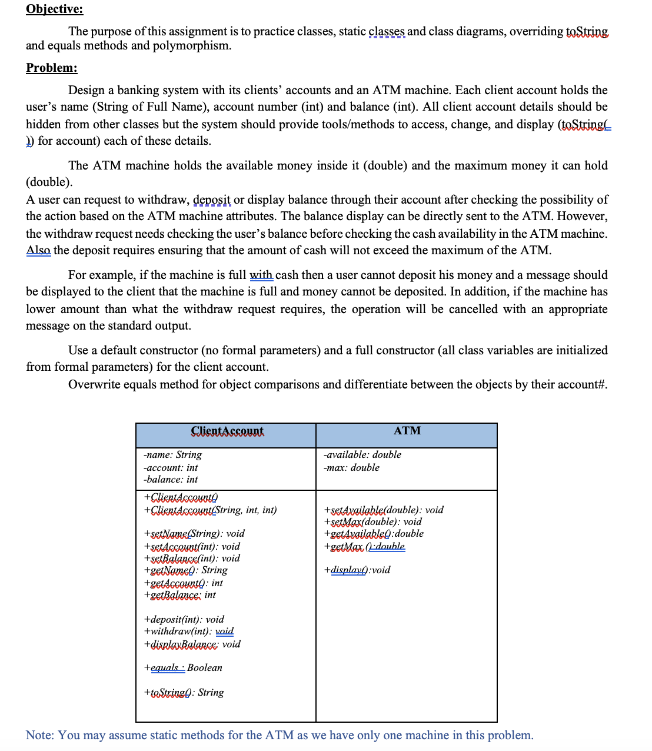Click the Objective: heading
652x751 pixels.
tap(54, 9)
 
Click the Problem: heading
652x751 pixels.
tap(51, 68)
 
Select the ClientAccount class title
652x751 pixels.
tap(227, 431)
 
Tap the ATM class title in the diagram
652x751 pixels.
tap(407, 431)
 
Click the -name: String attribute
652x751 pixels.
tap(172, 455)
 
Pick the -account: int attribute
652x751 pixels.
tap(171, 467)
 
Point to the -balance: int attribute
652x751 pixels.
tap(171, 480)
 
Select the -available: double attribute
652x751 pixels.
tap(362, 455)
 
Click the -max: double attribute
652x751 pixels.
tap(352, 467)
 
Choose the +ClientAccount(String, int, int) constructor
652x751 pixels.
tap(210, 510)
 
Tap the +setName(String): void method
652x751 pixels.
tap(194, 534)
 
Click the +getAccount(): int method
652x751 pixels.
tap(183, 583)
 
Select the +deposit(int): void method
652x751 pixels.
tap(184, 619)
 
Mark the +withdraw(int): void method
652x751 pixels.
tap(188, 632)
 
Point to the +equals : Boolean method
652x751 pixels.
tap(183, 668)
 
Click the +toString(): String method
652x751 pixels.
tap(184, 693)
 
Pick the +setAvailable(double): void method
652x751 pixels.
tap(384, 510)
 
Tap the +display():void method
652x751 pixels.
tap(357, 570)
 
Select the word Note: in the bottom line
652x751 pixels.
tap(39, 735)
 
